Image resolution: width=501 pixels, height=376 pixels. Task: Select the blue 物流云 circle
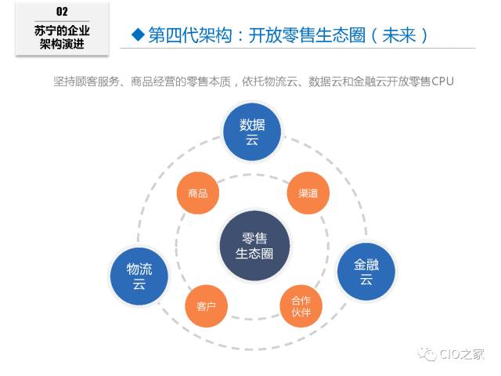coord(139,276)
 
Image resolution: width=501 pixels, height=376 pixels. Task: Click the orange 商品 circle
coord(198,193)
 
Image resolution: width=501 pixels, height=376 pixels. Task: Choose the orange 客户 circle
coord(207,305)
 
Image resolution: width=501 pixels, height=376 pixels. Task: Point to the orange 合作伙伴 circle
coord(301,306)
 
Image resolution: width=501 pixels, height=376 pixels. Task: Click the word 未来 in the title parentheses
coord(402,34)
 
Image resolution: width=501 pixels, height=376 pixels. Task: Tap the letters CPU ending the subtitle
coord(443,81)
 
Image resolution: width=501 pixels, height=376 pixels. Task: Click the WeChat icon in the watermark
coord(428,355)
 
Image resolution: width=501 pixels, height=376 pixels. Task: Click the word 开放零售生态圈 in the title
coord(310,34)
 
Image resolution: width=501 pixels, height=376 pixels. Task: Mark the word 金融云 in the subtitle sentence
coord(359,81)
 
